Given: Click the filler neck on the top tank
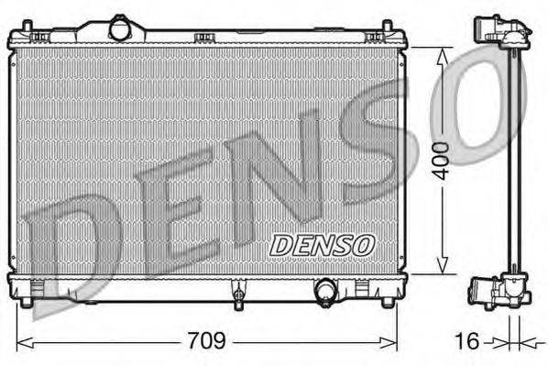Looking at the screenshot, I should pyautogui.click(x=120, y=28).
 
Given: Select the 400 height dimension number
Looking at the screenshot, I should pyautogui.click(x=444, y=161).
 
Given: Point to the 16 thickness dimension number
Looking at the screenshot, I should pyautogui.click(x=467, y=341).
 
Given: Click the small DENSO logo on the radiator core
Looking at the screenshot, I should pyautogui.click(x=322, y=245).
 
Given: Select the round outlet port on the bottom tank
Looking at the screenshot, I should pyautogui.click(x=325, y=293).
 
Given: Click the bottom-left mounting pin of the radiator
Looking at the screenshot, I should pyautogui.click(x=27, y=299).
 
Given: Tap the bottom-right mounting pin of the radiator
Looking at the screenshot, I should pyautogui.click(x=387, y=299).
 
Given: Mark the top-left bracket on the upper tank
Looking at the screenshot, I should pyautogui.click(x=38, y=37).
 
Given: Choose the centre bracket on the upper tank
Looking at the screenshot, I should pyautogui.click(x=204, y=37).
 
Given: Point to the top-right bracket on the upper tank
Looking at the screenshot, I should pyautogui.click(x=374, y=37).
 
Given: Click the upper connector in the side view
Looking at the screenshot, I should pyautogui.click(x=503, y=35).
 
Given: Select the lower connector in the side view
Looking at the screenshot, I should pyautogui.click(x=499, y=293).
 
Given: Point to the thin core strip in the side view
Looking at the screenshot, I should pyautogui.click(x=515, y=165).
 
